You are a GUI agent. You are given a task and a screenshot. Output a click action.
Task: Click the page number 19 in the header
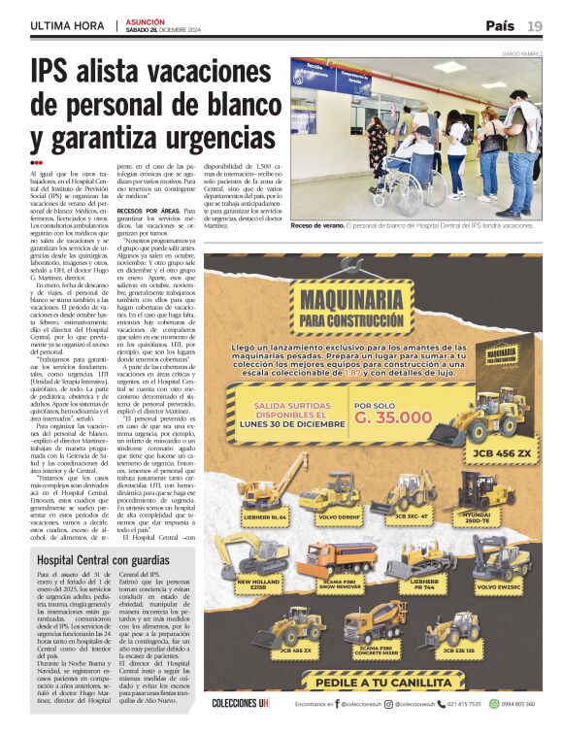pos(534,26)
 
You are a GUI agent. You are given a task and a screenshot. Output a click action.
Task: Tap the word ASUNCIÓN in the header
pos(146,20)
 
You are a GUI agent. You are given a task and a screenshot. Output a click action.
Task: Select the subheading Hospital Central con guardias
pos(102,560)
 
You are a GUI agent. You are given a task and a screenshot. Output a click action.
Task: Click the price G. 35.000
pos(392,417)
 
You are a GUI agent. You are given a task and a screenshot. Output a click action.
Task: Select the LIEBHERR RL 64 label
pos(264,517)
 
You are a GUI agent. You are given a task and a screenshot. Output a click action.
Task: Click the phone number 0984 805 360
pos(514,703)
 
